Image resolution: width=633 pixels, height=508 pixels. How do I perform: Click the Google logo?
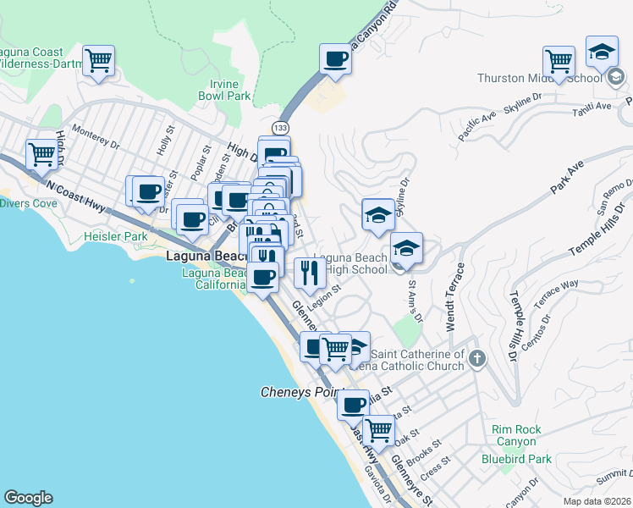pos(28,498)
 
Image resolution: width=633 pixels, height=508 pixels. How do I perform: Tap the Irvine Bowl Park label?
pos(230,90)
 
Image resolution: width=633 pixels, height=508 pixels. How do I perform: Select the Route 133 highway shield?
pos(278,127)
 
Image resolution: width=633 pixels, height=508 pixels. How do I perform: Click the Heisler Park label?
pos(110,236)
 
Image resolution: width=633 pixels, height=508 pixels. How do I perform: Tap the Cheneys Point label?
pos(298,393)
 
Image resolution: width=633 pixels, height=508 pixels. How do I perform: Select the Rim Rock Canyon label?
pos(515,435)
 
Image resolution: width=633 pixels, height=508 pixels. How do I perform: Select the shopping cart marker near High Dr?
pos(41,154)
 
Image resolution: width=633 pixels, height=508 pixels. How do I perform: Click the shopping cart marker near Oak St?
pos(379,429)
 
